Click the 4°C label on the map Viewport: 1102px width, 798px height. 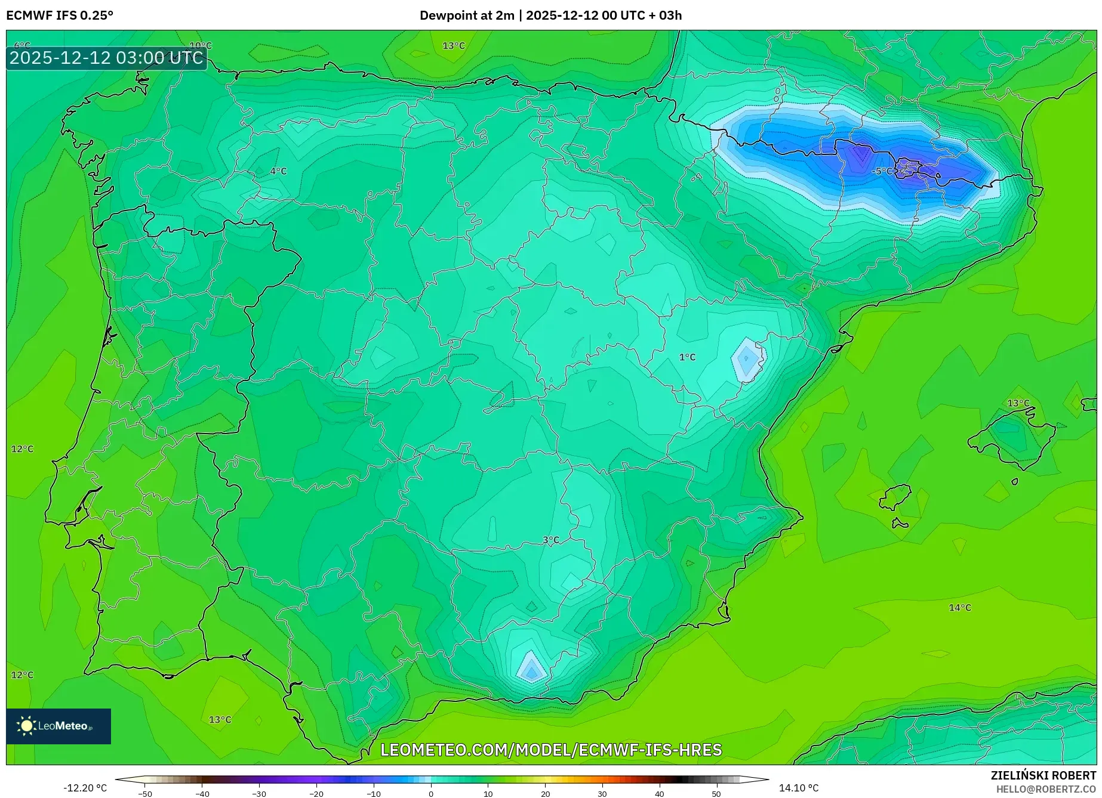click(x=278, y=171)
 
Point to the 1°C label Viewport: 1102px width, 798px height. click(x=687, y=357)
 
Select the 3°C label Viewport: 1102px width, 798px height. click(x=551, y=540)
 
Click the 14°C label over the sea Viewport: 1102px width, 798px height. click(x=960, y=608)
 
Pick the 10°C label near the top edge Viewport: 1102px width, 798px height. click(x=201, y=46)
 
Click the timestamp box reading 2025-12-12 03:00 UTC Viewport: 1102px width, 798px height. click(x=106, y=58)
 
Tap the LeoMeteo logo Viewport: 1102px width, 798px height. click(x=59, y=726)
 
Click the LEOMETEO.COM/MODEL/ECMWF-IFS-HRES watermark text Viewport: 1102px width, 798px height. click(x=551, y=750)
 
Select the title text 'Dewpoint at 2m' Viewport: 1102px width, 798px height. click(x=466, y=16)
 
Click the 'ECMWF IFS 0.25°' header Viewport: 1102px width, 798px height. click(x=60, y=16)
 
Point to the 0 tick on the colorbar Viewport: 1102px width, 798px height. click(x=431, y=794)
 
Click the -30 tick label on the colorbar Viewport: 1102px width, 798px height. click(x=259, y=794)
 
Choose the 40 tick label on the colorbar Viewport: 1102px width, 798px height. click(x=659, y=794)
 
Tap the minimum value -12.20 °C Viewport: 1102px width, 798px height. click(x=85, y=788)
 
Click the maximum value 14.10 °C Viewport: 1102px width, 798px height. click(x=799, y=788)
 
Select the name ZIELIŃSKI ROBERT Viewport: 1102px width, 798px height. click(x=1043, y=776)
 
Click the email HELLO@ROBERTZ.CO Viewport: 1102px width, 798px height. click(x=1046, y=789)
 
